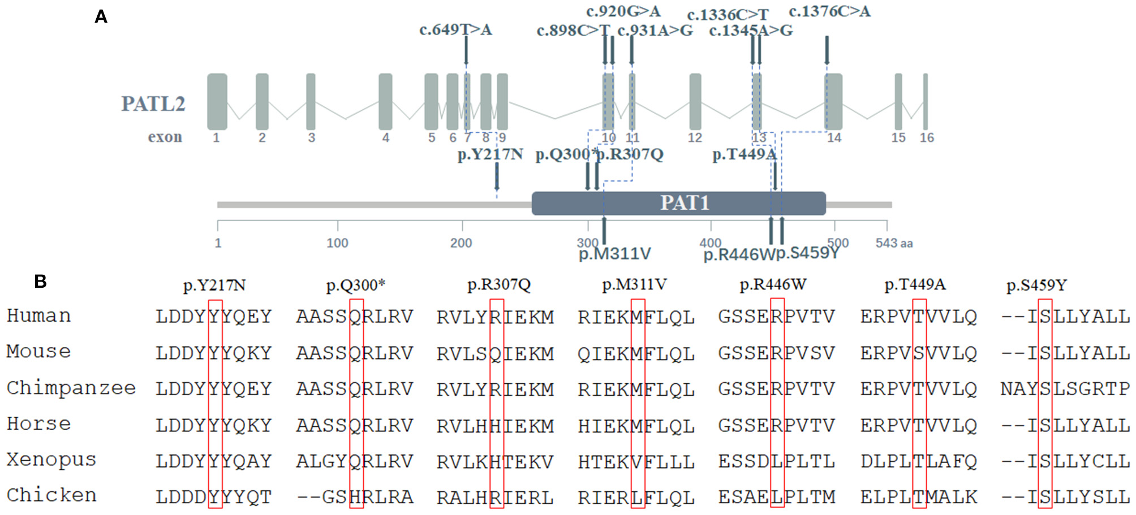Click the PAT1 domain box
[x=678, y=203]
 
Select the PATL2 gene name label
[x=153, y=104]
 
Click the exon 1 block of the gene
[x=217, y=102]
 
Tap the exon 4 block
[x=385, y=102]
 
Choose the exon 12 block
[x=695, y=102]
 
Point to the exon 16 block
[x=926, y=102]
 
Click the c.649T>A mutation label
[x=455, y=29]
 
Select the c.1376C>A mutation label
[x=829, y=11]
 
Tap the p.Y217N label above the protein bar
[x=490, y=154]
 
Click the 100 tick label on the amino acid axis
[x=337, y=243]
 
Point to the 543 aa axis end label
[x=894, y=243]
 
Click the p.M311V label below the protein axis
[x=614, y=254]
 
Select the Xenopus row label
[x=51, y=460]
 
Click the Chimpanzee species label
[x=71, y=388]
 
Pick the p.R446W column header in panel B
[x=773, y=284]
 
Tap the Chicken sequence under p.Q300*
[x=355, y=497]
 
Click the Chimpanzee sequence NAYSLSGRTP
[x=1065, y=389]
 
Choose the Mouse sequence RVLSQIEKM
[x=495, y=353]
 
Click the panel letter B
[x=40, y=281]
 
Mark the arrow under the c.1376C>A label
[x=827, y=50]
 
